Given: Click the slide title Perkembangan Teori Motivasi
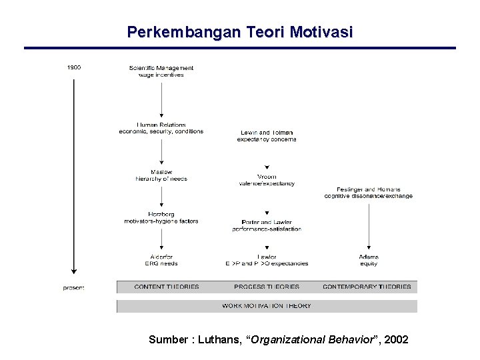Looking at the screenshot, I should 240,32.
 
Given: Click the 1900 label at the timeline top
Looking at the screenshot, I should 74,67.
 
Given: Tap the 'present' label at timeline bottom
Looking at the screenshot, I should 73,288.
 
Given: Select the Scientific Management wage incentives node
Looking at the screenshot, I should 161,71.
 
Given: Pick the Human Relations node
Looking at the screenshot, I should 161,128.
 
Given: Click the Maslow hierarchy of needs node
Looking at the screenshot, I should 161,175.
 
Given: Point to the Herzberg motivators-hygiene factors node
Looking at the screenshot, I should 161,218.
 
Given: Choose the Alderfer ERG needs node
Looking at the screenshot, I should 161,260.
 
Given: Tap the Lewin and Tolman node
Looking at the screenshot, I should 267,136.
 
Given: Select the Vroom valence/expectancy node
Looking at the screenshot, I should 267,180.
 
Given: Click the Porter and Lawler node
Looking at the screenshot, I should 267,225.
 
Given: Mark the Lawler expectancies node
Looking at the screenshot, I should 267,260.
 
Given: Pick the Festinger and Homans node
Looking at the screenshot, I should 368,193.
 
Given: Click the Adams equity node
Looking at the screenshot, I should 368,260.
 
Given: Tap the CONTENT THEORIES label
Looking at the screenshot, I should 167,287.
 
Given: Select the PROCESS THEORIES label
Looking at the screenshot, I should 267,287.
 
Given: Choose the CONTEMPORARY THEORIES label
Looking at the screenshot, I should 367,287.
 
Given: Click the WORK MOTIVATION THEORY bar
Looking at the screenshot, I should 267,306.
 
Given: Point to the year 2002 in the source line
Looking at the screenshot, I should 397,340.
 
